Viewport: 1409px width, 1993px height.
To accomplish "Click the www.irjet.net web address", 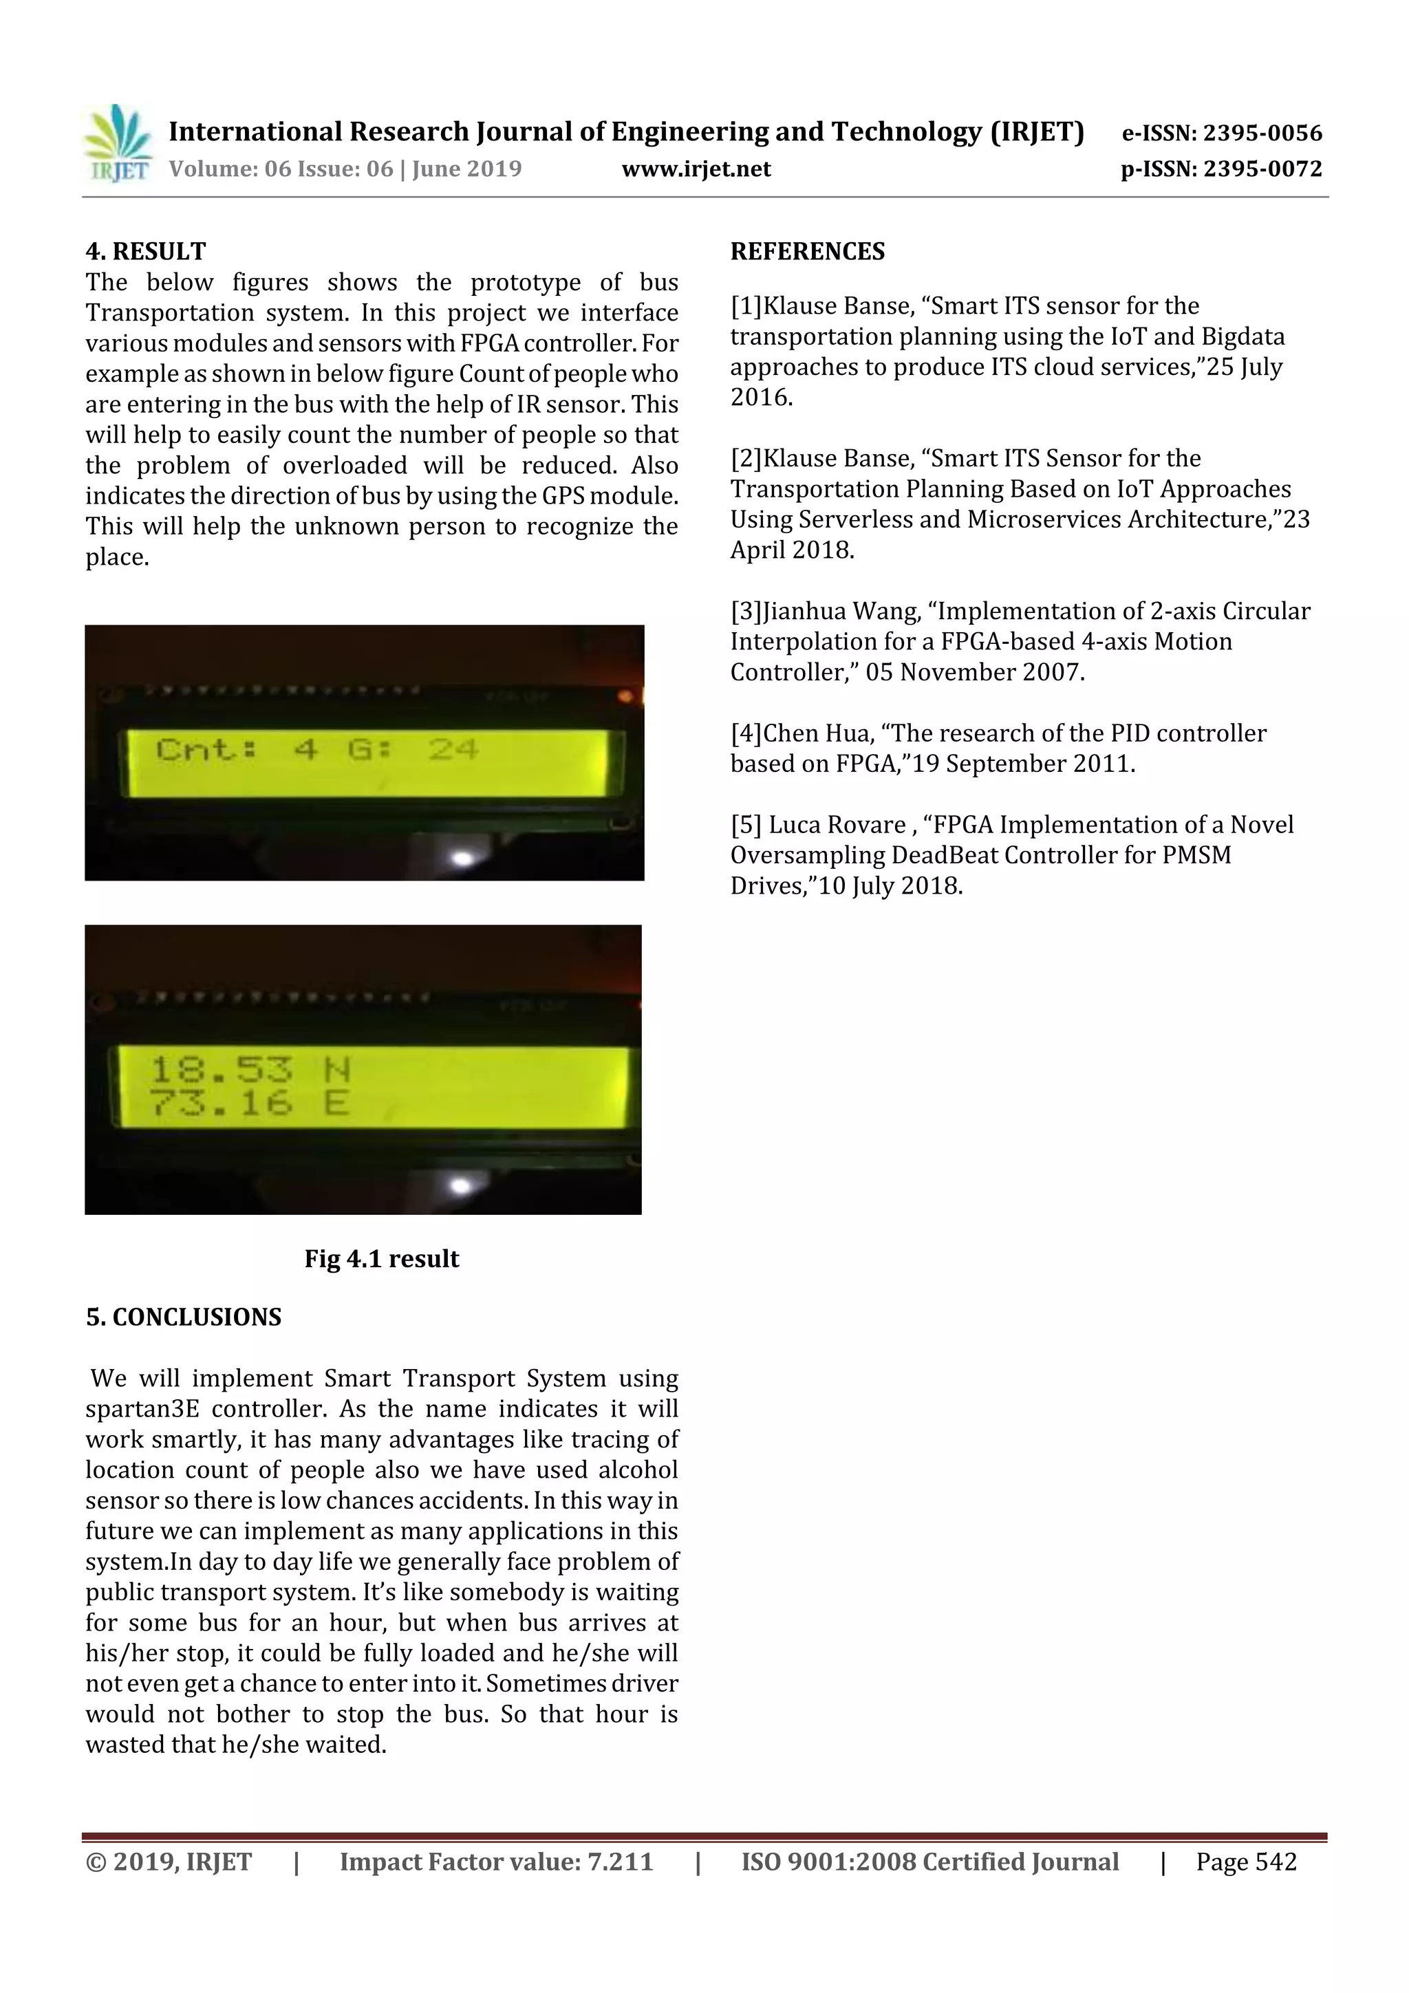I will pyautogui.click(x=696, y=169).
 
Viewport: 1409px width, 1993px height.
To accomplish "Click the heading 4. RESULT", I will pyautogui.click(x=146, y=252).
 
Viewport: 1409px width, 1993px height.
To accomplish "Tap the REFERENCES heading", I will pyautogui.click(x=808, y=252).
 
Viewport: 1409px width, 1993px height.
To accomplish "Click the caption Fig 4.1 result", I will pyautogui.click(x=381, y=1259).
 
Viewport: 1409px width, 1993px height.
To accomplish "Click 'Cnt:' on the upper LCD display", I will pyautogui.click(x=206, y=749).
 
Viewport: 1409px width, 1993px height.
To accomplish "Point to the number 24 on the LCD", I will pyautogui.click(x=453, y=749).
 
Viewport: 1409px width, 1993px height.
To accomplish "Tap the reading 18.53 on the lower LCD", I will pyautogui.click(x=222, y=1069).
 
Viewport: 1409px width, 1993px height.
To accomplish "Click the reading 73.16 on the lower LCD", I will pyautogui.click(x=222, y=1104).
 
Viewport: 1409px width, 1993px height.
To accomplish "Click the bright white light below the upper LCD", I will pyautogui.click(x=463, y=859).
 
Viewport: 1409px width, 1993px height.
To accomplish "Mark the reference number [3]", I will pyautogui.click(x=746, y=611).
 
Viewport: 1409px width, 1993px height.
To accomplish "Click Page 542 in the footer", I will pyautogui.click(x=1246, y=1862).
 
